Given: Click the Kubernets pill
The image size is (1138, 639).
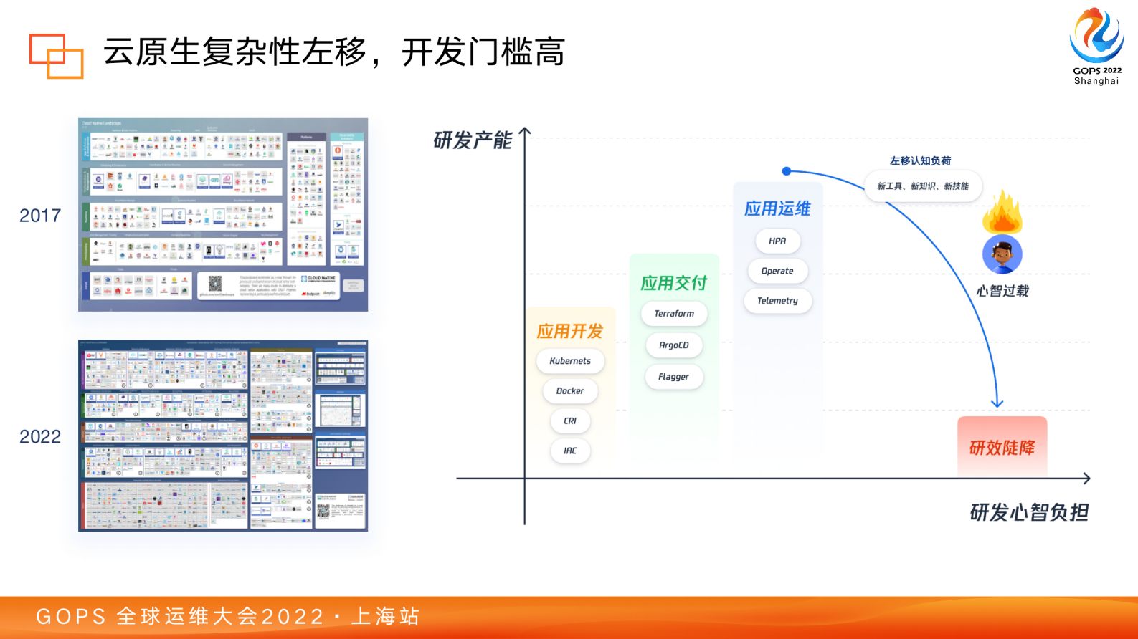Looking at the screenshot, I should click(x=570, y=361).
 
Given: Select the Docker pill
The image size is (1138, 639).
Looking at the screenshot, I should click(x=570, y=391).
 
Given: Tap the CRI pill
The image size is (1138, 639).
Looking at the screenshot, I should click(x=570, y=421).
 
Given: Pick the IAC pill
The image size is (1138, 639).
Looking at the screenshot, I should click(x=570, y=451).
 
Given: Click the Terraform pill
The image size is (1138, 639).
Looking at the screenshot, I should click(x=674, y=314).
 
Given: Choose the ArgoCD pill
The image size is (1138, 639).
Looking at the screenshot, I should click(x=674, y=345).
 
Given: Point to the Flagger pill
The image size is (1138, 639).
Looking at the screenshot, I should click(x=674, y=377).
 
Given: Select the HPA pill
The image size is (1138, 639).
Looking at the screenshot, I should click(x=777, y=241).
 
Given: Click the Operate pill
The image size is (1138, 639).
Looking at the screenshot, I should click(x=777, y=272).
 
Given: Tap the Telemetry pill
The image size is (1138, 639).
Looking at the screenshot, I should click(x=777, y=301).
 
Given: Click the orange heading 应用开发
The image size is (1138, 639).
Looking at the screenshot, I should click(x=570, y=332).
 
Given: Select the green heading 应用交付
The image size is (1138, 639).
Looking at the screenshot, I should click(x=674, y=284).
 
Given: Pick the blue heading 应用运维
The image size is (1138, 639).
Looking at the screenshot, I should click(x=777, y=209).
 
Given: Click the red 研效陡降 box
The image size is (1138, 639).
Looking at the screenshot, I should click(x=1002, y=448).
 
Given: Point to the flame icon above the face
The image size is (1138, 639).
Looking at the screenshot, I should click(x=1002, y=213).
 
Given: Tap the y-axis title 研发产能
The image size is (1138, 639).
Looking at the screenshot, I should click(x=473, y=140).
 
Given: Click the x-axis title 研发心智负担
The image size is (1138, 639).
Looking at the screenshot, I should click(x=1029, y=512).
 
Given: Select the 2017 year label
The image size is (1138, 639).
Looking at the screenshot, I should click(x=40, y=216).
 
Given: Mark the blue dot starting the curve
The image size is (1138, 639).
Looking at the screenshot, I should click(x=787, y=171).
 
